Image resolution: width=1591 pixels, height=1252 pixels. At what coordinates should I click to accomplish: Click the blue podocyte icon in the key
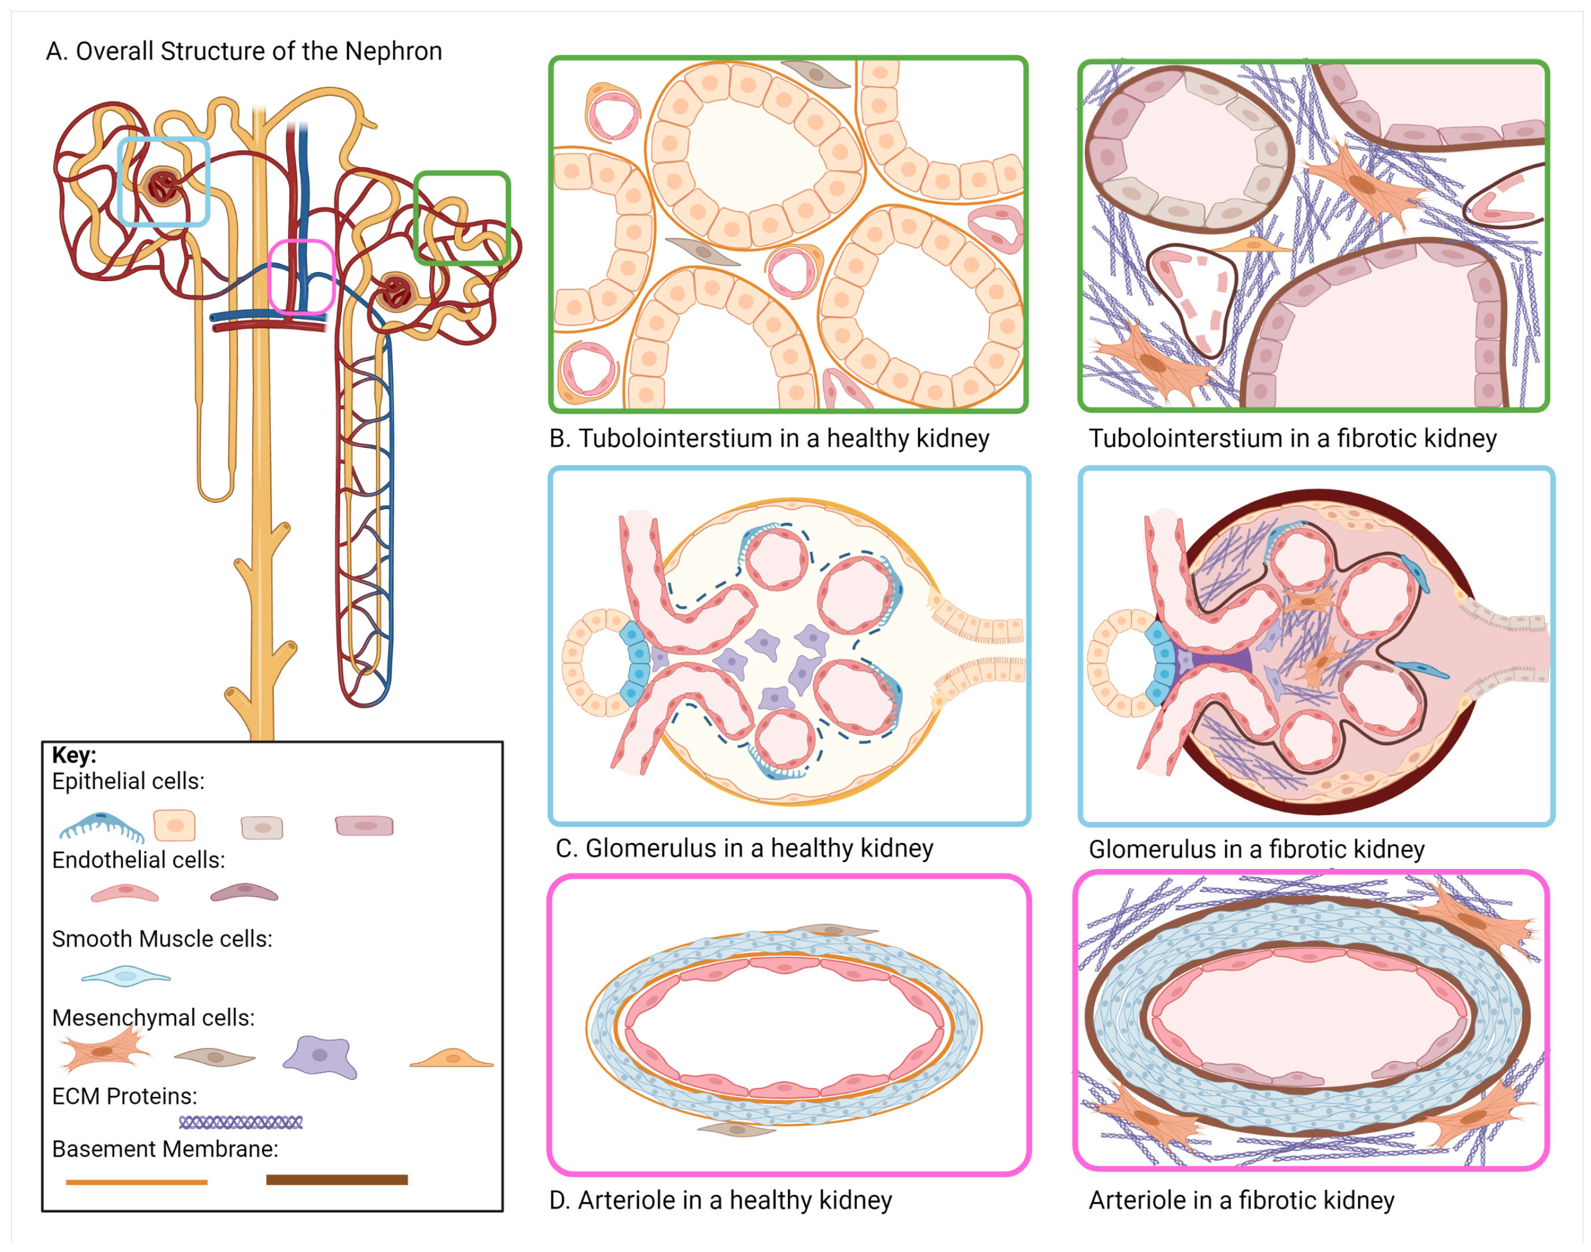coord(101,826)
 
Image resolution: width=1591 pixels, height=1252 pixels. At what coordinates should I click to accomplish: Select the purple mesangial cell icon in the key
coord(321,1056)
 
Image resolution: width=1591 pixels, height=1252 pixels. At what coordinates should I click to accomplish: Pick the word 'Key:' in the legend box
coord(74,755)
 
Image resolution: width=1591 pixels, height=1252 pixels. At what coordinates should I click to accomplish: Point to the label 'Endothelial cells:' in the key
coord(138,860)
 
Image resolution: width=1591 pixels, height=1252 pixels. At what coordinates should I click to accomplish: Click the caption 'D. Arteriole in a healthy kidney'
coord(720,1201)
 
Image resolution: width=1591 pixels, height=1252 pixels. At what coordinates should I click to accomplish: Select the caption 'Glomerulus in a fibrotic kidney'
coord(1256,849)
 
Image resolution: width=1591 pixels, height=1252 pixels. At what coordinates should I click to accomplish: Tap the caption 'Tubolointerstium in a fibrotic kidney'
coord(1292,439)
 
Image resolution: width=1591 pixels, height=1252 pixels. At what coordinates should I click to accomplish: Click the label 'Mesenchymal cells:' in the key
coord(153,1018)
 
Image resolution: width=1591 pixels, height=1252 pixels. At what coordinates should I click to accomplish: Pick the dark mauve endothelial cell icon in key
coord(244,893)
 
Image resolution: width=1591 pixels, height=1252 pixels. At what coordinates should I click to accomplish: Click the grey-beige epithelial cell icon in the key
coord(262,827)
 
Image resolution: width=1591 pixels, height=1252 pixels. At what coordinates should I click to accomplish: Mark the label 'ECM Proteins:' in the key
coord(124,1096)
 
